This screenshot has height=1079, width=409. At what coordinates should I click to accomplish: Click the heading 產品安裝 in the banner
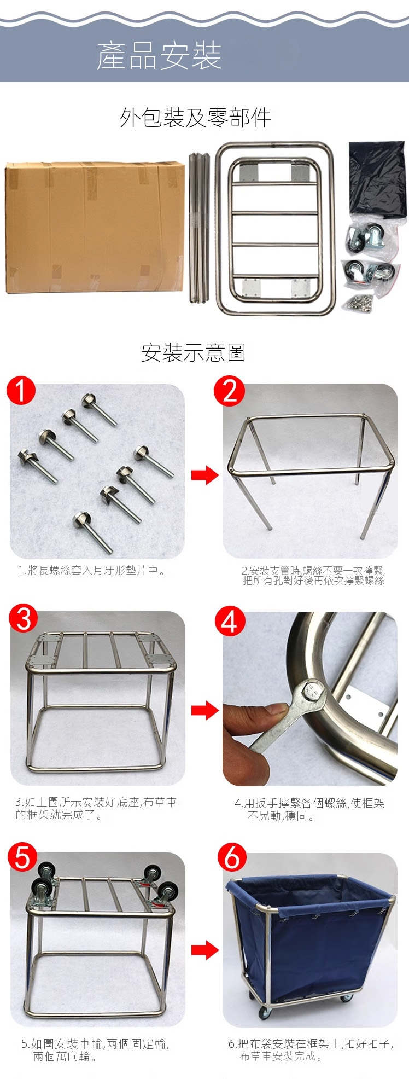pyautogui.click(x=159, y=56)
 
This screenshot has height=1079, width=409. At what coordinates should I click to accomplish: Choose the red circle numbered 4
pyautogui.click(x=230, y=621)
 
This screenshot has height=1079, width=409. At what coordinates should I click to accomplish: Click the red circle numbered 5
pyautogui.click(x=22, y=857)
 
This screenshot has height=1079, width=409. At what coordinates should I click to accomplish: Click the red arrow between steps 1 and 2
pyautogui.click(x=204, y=475)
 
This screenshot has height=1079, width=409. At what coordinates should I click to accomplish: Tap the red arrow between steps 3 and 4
pyautogui.click(x=204, y=711)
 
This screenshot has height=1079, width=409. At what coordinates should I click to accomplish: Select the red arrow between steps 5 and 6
pyautogui.click(x=204, y=950)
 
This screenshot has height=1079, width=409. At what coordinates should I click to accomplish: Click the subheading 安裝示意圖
pyautogui.click(x=193, y=352)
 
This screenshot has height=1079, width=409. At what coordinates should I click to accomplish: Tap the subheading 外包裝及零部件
pyautogui.click(x=196, y=118)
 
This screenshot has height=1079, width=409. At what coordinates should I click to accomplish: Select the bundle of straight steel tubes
pyautogui.click(x=199, y=228)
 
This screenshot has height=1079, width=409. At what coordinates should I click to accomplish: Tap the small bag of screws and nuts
pyautogui.click(x=359, y=301)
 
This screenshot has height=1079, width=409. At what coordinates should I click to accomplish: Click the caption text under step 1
pyautogui.click(x=91, y=571)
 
